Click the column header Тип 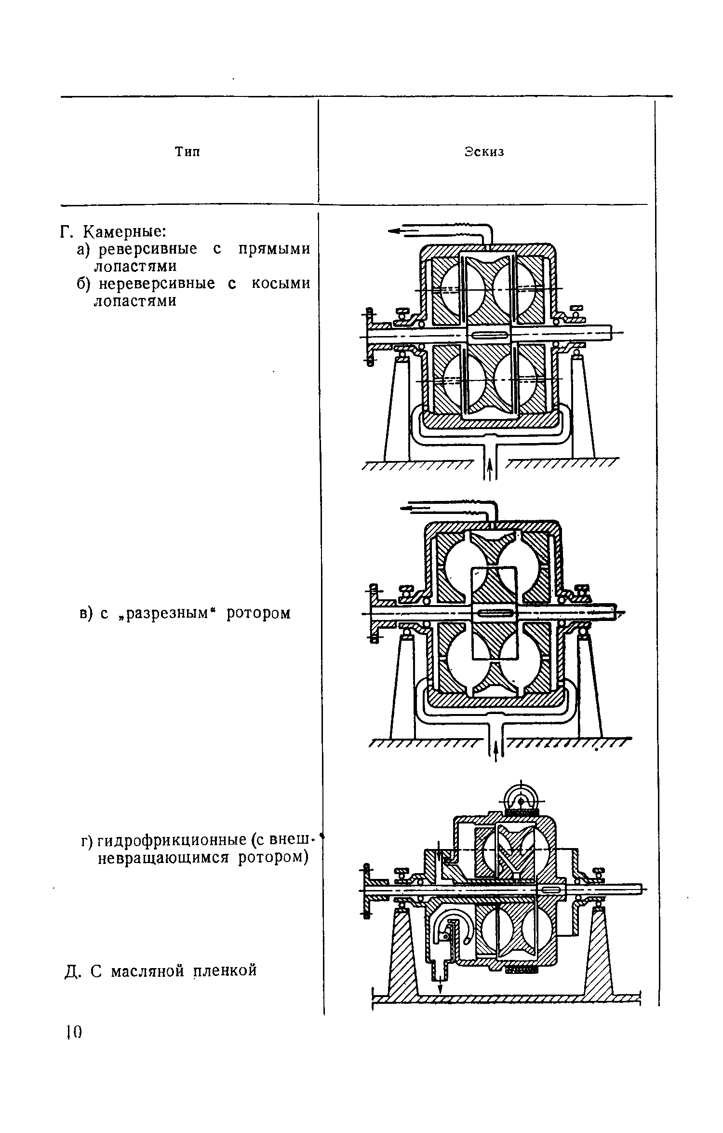tap(187, 152)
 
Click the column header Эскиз tap(484, 152)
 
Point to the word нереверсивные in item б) tap(157, 284)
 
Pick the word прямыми tap(275, 249)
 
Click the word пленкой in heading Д tap(225, 970)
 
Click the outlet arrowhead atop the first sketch tap(393, 231)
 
